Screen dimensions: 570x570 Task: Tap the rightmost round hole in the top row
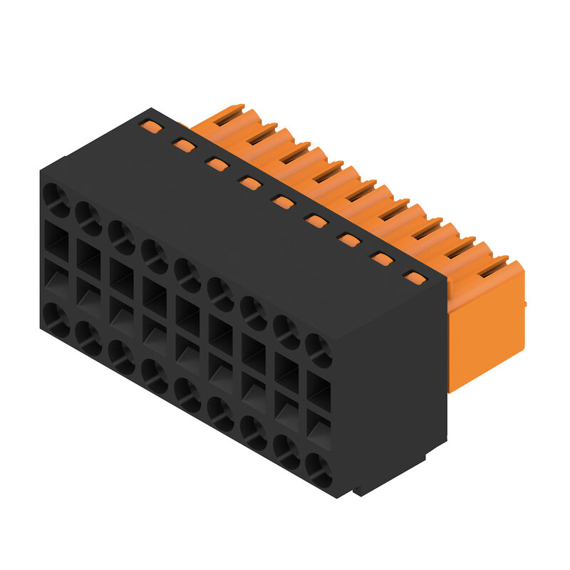[x=318, y=351]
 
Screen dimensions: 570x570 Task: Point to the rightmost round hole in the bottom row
[x=318, y=471]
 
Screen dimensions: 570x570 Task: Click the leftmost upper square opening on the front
[x=56, y=238]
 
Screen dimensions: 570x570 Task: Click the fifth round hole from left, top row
[x=187, y=273]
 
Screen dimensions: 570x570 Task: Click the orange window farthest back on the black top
[x=150, y=127]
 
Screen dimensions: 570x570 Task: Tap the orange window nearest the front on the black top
[x=413, y=276]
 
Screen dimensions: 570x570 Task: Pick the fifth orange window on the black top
[x=283, y=202]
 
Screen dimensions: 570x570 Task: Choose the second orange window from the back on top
[x=184, y=145]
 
